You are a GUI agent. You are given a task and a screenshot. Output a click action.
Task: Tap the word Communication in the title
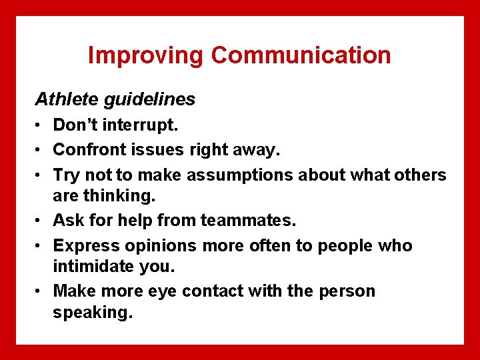[301, 55]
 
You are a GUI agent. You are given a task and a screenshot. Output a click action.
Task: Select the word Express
[81, 245]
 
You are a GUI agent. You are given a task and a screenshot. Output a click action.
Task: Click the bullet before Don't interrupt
[40, 125]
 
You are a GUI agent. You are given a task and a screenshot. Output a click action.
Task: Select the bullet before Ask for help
[40, 220]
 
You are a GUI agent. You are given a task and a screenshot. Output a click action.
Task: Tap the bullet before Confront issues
[40, 150]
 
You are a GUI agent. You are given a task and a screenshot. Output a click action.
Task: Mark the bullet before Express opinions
[40, 245]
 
